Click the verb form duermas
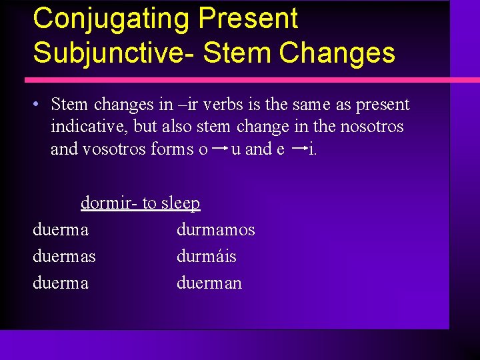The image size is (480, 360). pos(64,257)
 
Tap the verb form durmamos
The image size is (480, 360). pos(215,230)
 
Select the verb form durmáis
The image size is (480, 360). pos(206,257)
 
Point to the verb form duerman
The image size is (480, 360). pos(209,283)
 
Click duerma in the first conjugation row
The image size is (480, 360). pos(60,230)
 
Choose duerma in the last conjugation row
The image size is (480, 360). pos(60,283)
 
